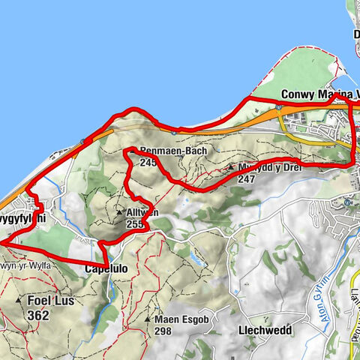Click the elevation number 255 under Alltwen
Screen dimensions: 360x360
tap(135, 223)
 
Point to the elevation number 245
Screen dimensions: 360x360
tap(148, 161)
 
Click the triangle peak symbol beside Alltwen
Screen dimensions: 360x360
tap(119, 213)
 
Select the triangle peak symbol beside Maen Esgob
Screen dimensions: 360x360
tap(147, 319)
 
